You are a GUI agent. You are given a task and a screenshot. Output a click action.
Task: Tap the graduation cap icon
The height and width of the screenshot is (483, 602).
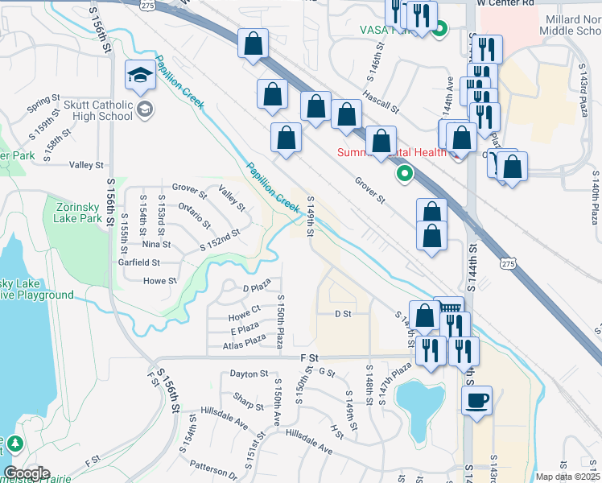[x=140, y=76]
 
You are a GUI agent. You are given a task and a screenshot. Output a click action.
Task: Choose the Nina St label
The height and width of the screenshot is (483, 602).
[x=156, y=244]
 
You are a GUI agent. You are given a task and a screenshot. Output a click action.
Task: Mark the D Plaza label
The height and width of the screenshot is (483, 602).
[x=255, y=287]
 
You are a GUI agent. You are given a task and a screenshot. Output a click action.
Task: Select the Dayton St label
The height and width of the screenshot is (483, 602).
[x=248, y=374]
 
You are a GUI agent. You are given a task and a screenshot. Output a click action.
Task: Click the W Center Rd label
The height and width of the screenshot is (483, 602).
[x=505, y=3]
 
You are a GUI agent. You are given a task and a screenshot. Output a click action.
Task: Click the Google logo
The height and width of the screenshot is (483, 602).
[x=27, y=473]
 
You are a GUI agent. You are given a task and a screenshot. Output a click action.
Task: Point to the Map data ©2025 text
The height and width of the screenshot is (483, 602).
[x=567, y=477]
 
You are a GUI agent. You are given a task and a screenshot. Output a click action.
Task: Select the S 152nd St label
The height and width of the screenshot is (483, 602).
[x=221, y=239]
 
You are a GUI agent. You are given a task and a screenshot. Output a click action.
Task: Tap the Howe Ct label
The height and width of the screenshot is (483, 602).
[x=244, y=308]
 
